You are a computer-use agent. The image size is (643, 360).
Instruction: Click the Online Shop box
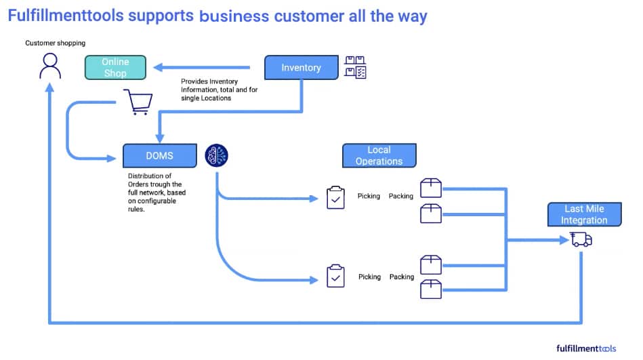[x=115, y=68]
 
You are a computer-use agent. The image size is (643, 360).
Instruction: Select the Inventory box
[x=301, y=68]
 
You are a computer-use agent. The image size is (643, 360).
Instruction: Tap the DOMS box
[x=160, y=156]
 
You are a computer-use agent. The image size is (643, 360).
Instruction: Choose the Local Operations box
[x=379, y=156]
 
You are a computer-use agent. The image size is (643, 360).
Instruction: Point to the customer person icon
[x=49, y=66]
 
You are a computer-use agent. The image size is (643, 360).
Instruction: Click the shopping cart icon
[x=138, y=102]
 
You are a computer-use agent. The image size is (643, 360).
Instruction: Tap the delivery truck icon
[x=581, y=239]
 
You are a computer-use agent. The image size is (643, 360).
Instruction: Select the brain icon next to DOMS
[x=217, y=155]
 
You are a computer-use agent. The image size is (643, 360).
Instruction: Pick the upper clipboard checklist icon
[x=335, y=197]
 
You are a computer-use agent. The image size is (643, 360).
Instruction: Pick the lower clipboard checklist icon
[x=335, y=277]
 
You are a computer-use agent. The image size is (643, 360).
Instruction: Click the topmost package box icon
[x=431, y=188]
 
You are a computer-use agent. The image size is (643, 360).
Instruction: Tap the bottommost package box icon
[x=431, y=289]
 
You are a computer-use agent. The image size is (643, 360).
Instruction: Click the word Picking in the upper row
[x=369, y=197]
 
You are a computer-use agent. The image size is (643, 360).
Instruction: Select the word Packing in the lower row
[x=401, y=277]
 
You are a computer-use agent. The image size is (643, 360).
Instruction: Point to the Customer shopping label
[x=56, y=43]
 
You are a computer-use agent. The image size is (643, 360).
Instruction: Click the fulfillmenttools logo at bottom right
[x=586, y=348]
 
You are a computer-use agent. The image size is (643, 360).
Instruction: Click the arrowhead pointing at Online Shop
[x=158, y=67]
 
